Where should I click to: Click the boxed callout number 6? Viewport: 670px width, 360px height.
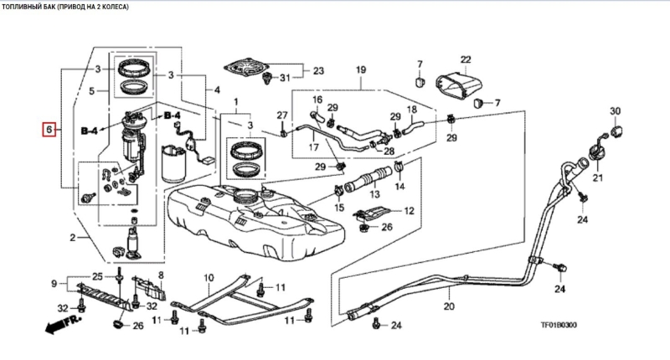[50, 130]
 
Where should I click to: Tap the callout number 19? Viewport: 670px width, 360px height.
[362, 69]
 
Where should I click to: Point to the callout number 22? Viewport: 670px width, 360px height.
[466, 59]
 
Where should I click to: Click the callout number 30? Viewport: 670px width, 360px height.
[615, 111]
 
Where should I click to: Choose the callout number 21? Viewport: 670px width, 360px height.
[598, 178]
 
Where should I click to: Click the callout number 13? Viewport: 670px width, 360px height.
[374, 194]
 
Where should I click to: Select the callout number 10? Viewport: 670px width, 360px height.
[209, 275]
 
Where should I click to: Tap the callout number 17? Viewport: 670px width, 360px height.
[315, 148]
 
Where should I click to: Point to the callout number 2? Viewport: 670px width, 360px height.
[73, 239]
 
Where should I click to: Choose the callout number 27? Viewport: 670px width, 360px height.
[282, 115]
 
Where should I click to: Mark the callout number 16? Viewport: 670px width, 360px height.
[317, 100]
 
